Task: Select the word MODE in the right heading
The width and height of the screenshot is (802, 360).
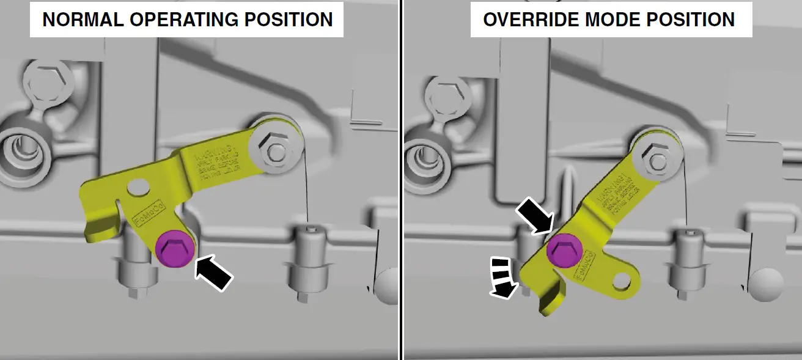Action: point(606,20)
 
